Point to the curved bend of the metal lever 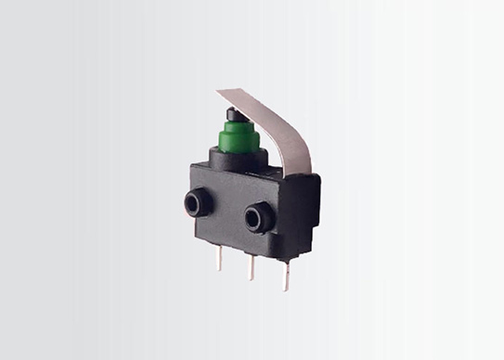282,121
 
